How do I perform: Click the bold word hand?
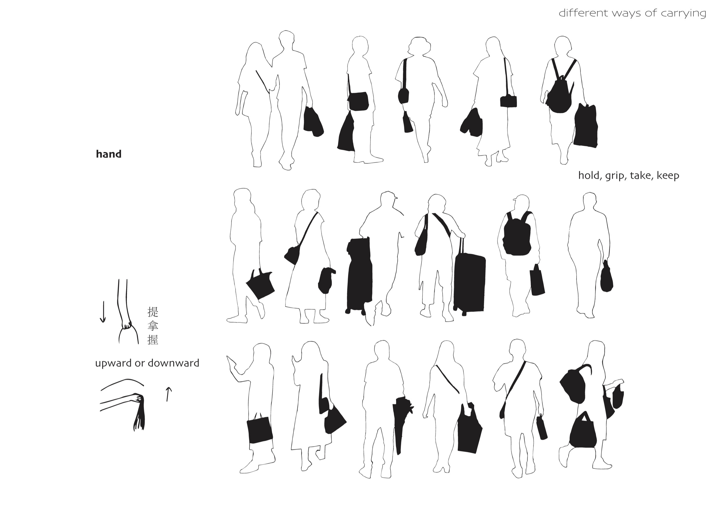[109, 154]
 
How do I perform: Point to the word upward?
[113, 363]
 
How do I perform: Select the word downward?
[173, 363]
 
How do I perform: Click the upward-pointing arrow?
[168, 394]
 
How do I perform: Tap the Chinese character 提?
[153, 312]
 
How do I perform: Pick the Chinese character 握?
[153, 340]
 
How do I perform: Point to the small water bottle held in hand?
[542, 427]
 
